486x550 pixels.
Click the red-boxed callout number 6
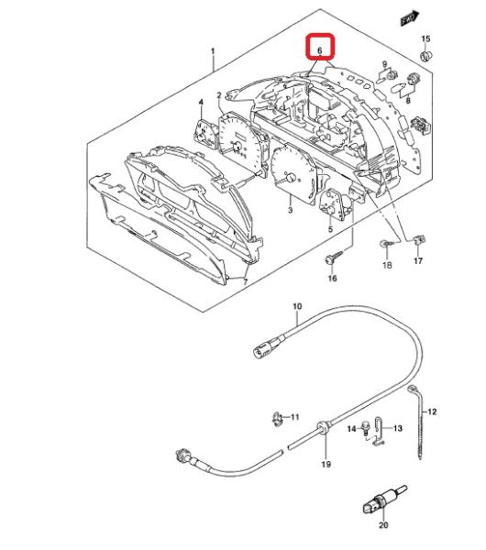click(320, 50)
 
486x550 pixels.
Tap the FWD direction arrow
click(410, 18)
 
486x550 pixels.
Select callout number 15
click(425, 38)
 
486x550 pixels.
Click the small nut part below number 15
click(426, 56)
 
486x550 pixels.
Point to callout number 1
click(213, 51)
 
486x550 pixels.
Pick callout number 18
click(387, 265)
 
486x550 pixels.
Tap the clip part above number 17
click(419, 239)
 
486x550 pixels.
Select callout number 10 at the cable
click(297, 306)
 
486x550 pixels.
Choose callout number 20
click(383, 524)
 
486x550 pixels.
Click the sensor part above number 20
click(383, 500)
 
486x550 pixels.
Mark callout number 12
click(432, 412)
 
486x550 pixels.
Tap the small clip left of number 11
click(277, 418)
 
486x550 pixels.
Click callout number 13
click(398, 428)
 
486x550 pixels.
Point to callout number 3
click(290, 211)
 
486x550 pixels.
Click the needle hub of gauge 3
click(291, 178)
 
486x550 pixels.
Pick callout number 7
click(245, 281)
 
